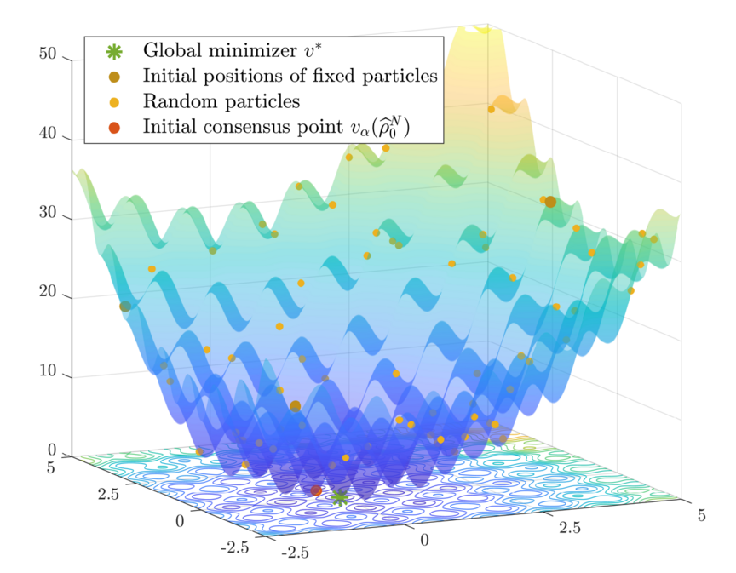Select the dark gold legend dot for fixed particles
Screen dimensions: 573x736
[x=114, y=77]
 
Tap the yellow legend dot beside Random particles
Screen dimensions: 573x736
[x=114, y=102]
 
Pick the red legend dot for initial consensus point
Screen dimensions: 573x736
[x=114, y=128]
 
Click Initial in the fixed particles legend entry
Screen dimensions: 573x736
[x=170, y=77]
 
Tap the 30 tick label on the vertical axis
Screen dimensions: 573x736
[x=48, y=214]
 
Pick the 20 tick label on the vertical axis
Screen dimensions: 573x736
[x=48, y=293]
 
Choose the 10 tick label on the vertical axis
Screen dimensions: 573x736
[x=48, y=372]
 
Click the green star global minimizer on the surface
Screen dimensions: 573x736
[x=340, y=496]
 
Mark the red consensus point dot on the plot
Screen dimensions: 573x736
[x=316, y=490]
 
